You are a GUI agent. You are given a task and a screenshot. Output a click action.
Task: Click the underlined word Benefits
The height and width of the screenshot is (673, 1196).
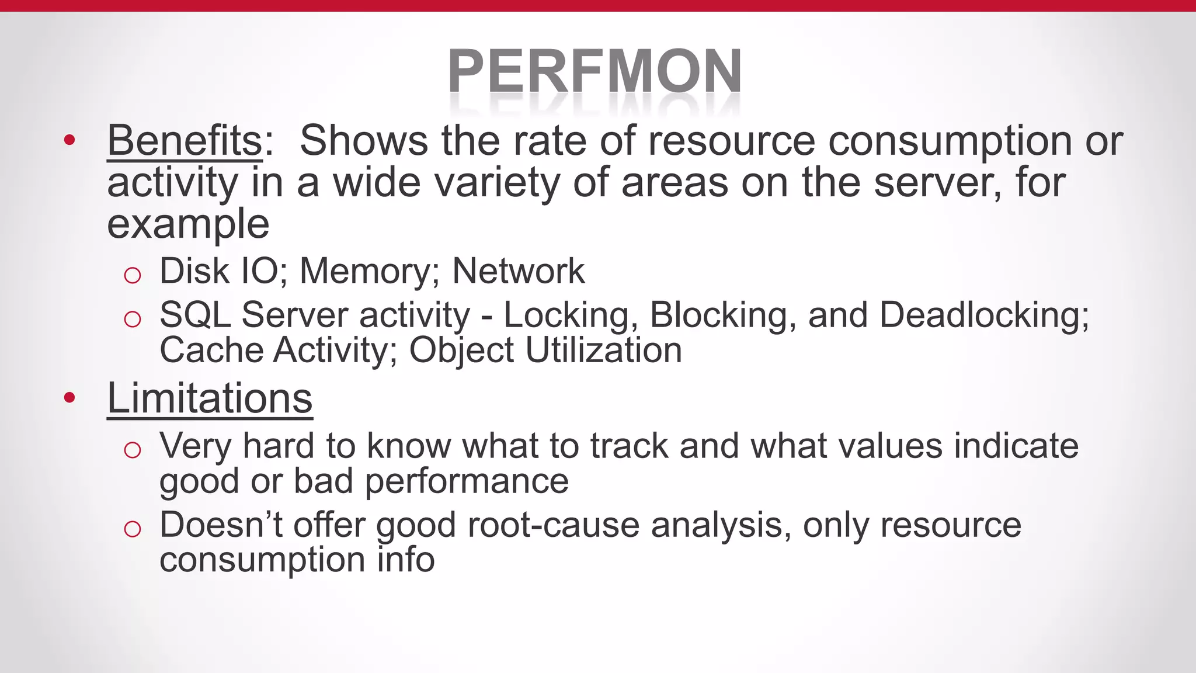(x=185, y=141)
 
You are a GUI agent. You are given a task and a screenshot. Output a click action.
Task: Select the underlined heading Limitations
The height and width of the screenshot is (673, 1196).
(x=210, y=398)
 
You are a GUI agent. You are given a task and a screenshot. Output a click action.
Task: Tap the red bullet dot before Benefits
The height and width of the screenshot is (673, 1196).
(x=69, y=140)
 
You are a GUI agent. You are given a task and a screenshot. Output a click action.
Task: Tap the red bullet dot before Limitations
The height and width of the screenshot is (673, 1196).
(x=69, y=398)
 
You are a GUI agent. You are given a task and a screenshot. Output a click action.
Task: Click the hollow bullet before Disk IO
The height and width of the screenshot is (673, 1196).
(x=133, y=275)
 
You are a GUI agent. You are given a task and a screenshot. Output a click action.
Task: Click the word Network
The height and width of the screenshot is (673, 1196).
(x=519, y=271)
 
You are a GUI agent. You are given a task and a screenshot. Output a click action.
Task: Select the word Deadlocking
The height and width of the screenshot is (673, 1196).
(x=984, y=315)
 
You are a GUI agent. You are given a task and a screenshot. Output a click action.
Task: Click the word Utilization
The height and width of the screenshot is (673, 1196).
(x=604, y=351)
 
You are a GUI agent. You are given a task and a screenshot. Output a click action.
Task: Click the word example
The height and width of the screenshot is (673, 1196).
(x=188, y=225)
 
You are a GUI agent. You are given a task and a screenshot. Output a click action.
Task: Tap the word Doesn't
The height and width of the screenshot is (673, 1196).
(x=221, y=525)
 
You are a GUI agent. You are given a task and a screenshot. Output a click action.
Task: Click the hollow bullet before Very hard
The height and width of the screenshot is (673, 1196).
(x=133, y=449)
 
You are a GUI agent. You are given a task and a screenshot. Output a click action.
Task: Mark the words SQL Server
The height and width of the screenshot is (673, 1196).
(x=253, y=315)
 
